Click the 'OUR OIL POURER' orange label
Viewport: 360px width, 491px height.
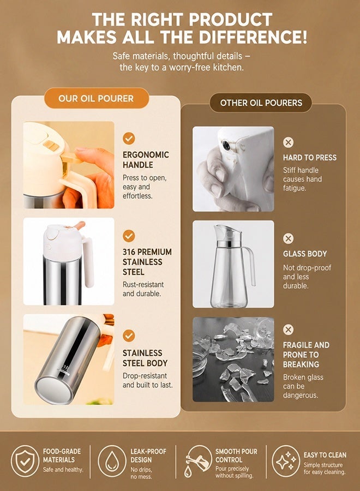pos(96,98)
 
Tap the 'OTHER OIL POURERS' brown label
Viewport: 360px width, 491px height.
pos(261,103)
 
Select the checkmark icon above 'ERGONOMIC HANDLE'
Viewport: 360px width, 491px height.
pos(129,138)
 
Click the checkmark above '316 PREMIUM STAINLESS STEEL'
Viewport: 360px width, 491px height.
pos(129,236)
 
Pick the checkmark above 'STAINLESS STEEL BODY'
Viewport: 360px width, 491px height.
pos(129,336)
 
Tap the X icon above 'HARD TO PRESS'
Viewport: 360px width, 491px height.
pos(289,142)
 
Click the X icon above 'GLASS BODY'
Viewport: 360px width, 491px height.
pos(289,238)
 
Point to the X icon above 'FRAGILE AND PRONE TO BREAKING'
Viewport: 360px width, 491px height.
pos(289,330)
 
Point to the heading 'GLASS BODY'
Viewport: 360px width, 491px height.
pos(305,254)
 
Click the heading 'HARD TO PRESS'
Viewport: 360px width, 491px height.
pos(310,158)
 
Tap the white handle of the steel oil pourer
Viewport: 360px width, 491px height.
pos(88,262)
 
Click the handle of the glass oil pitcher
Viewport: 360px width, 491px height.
pos(251,266)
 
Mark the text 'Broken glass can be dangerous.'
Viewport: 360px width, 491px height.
pos(303,386)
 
